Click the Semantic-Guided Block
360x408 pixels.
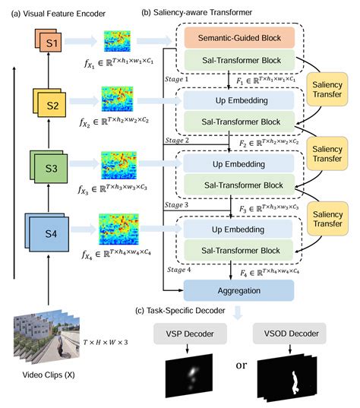[x=237, y=38]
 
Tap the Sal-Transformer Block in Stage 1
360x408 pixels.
[x=237, y=61]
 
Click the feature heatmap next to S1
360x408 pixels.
[x=117, y=41]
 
